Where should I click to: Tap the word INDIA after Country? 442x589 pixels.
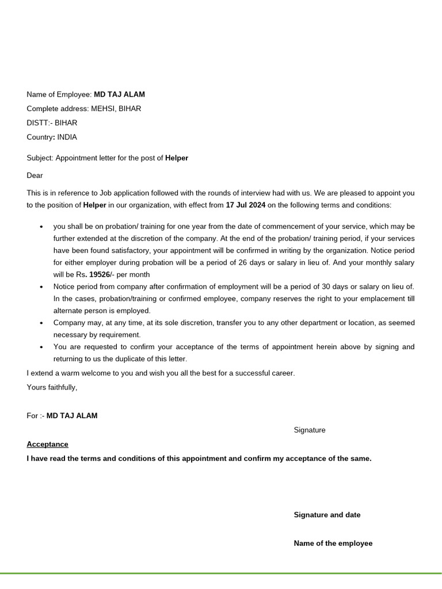(x=67, y=137)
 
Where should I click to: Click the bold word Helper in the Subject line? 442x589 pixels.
(x=177, y=158)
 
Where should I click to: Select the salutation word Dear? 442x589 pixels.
(x=35, y=175)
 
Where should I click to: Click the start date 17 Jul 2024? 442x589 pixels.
(x=246, y=205)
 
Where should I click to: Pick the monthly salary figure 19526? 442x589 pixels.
(x=100, y=275)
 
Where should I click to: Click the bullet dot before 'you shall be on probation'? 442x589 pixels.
(x=41, y=227)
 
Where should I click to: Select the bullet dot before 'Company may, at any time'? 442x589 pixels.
(x=41, y=323)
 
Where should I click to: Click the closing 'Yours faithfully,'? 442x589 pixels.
(x=52, y=388)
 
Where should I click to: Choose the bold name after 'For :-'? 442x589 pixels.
(x=72, y=416)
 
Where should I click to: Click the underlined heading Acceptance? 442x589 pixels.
(x=48, y=445)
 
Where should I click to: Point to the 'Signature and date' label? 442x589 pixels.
(x=327, y=515)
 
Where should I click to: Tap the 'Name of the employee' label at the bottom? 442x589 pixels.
(x=333, y=544)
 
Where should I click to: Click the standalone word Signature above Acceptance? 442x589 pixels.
(x=310, y=430)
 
